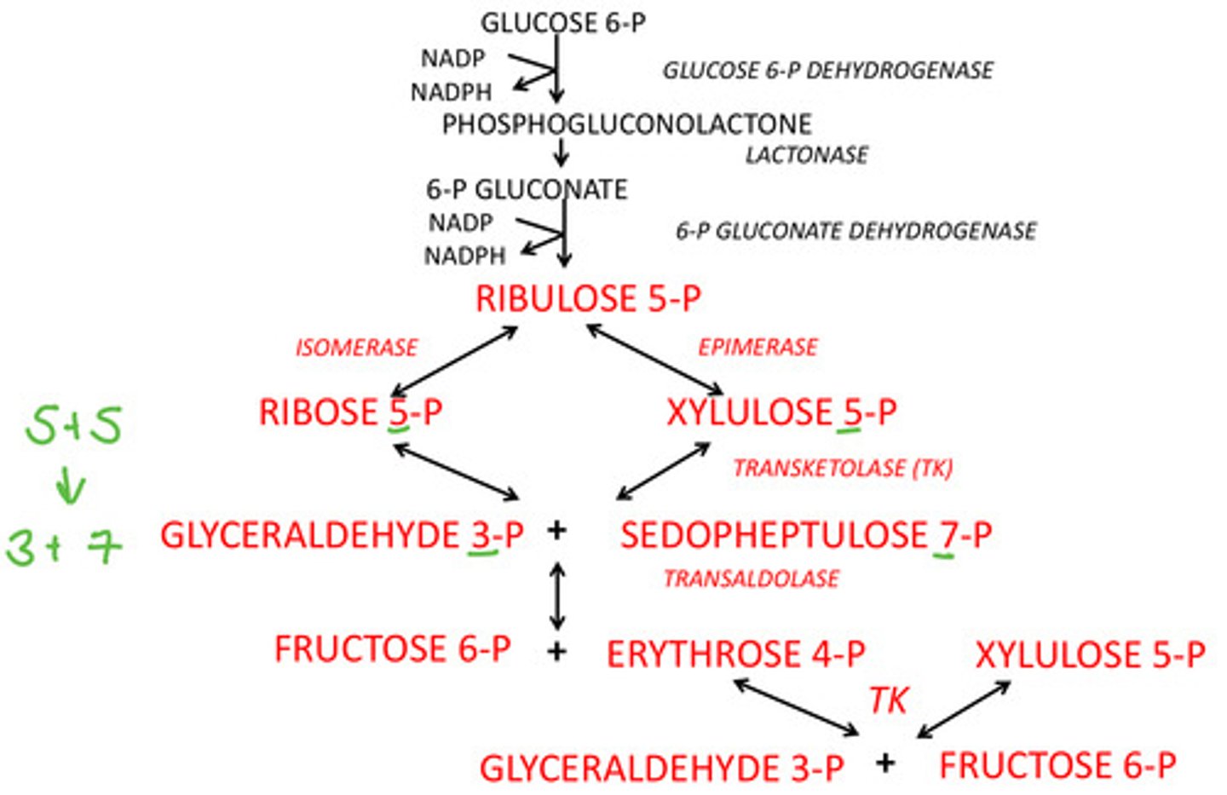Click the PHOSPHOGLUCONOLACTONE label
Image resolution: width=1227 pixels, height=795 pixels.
pyautogui.click(x=626, y=124)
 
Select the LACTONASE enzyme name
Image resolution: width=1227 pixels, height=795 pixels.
pyautogui.click(x=806, y=155)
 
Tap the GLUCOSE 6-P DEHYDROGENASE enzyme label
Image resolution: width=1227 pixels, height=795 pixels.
pyautogui.click(x=827, y=70)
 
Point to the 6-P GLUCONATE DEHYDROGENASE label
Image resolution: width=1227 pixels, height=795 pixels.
pyautogui.click(x=855, y=231)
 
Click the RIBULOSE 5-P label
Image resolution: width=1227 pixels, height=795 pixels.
pyautogui.click(x=588, y=299)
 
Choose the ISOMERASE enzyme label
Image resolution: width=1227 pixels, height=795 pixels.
pyautogui.click(x=356, y=348)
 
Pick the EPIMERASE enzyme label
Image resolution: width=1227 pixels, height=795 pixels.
pyautogui.click(x=758, y=347)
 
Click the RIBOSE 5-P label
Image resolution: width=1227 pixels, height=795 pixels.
pyautogui.click(x=350, y=412)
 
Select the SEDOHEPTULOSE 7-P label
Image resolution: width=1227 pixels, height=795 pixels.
pyautogui.click(x=805, y=536)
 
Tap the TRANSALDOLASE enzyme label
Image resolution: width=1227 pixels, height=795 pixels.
pyautogui.click(x=751, y=579)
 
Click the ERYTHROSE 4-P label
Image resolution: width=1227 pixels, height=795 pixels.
pyautogui.click(x=735, y=654)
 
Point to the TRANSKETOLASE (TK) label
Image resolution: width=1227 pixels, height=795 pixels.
pyautogui.click(x=843, y=469)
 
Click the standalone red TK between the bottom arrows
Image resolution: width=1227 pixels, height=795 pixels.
pyautogui.click(x=889, y=700)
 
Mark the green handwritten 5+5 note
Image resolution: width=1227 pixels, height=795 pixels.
pyautogui.click(x=73, y=425)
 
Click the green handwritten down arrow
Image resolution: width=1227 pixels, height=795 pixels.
pyautogui.click(x=70, y=487)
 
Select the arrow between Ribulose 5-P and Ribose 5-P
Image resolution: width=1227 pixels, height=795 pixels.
pyautogui.click(x=454, y=360)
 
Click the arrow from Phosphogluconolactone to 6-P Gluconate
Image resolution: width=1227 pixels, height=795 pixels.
pyautogui.click(x=561, y=153)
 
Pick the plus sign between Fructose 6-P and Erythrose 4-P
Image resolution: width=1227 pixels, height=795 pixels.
pyautogui.click(x=556, y=652)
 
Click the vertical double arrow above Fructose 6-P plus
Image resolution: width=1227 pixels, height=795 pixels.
pyautogui.click(x=557, y=596)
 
